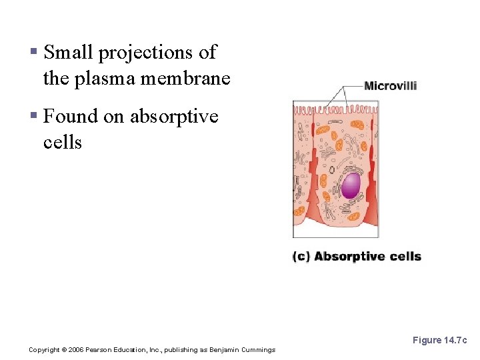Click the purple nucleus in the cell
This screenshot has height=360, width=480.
[351, 185]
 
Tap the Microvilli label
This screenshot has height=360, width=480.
[391, 86]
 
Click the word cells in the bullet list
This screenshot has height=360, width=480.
[62, 142]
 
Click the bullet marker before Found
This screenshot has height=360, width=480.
[33, 117]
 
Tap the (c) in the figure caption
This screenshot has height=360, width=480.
[301, 257]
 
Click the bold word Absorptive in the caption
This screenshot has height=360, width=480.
[351, 257]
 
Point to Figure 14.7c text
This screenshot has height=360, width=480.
[439, 340]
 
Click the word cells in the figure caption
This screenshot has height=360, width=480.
[406, 257]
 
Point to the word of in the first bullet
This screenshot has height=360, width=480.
[208, 52]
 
